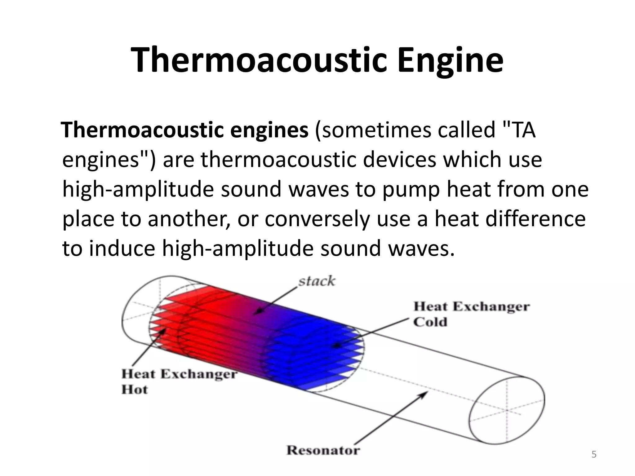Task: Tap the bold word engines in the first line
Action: (269, 130)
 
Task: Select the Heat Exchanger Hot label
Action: (179, 381)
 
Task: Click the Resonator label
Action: (323, 450)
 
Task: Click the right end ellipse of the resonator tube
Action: (507, 410)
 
